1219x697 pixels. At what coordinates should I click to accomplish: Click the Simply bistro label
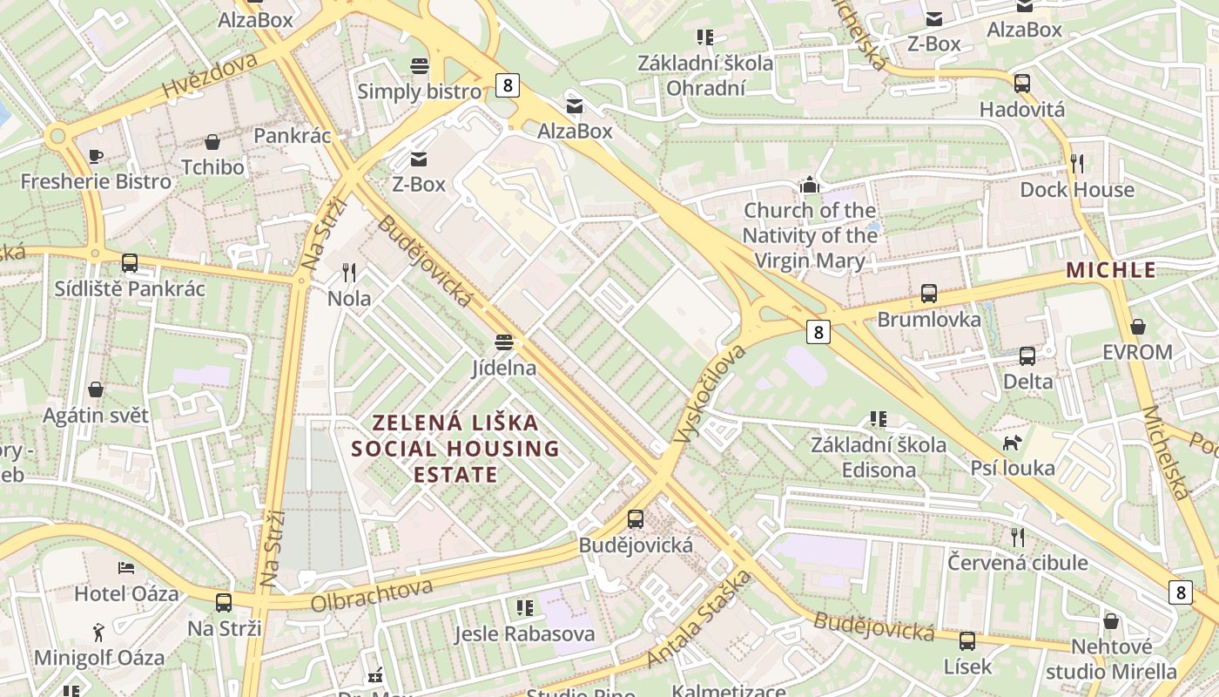419,91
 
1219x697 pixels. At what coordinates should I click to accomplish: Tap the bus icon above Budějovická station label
636,519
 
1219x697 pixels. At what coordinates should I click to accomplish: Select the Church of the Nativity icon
810,185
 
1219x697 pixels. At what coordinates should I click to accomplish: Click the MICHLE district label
1111,270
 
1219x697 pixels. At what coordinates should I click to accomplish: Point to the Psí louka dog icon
1012,443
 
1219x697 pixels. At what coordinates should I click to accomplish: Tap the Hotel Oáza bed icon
126,568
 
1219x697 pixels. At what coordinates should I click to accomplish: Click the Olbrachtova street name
372,595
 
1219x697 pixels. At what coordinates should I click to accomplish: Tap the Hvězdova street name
210,76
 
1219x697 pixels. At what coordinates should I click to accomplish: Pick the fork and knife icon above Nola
349,273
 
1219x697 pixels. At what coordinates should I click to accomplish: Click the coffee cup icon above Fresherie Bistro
96,157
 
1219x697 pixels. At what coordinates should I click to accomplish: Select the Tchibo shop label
212,166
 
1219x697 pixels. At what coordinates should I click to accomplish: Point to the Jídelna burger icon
504,342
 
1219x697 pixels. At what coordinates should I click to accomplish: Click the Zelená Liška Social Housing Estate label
455,449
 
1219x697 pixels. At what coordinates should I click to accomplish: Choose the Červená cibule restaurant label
1018,562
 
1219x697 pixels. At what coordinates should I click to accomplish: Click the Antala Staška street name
699,619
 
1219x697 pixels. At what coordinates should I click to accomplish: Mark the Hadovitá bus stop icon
1022,84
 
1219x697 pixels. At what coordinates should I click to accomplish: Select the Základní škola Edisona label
879,457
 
